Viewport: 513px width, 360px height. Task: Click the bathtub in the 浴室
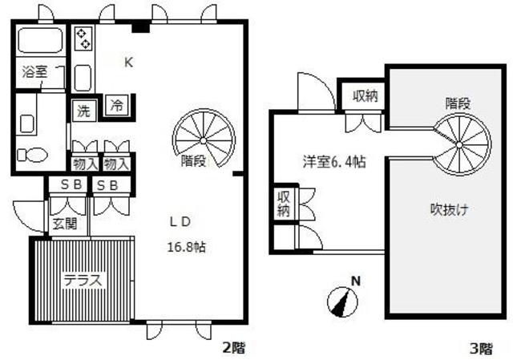pyautogui.click(x=40, y=40)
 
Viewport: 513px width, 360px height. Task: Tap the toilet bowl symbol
pyautogui.click(x=33, y=155)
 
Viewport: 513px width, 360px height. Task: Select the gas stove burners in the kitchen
pyautogui.click(x=83, y=38)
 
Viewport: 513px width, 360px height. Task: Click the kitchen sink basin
pyautogui.click(x=83, y=78)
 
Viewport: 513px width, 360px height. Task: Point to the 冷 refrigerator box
pyautogui.click(x=117, y=105)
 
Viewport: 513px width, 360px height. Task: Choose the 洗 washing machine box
pyautogui.click(x=84, y=111)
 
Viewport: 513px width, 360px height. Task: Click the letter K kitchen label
pyautogui.click(x=128, y=63)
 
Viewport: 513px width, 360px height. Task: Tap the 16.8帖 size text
pyautogui.click(x=187, y=247)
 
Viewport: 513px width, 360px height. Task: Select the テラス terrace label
pyautogui.click(x=83, y=281)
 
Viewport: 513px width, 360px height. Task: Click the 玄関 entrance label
pyautogui.click(x=65, y=224)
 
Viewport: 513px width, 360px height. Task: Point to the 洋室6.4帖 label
pyautogui.click(x=334, y=162)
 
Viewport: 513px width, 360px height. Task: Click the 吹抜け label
pyautogui.click(x=449, y=209)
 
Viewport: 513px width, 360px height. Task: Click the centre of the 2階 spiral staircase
pyautogui.click(x=203, y=141)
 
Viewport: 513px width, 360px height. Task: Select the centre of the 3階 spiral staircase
pyautogui.click(x=459, y=144)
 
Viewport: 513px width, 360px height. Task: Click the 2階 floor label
pyautogui.click(x=233, y=347)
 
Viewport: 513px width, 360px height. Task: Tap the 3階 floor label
pyautogui.click(x=481, y=349)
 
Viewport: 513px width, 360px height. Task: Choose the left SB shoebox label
pyautogui.click(x=71, y=185)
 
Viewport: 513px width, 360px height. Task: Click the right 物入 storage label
pyautogui.click(x=115, y=164)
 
